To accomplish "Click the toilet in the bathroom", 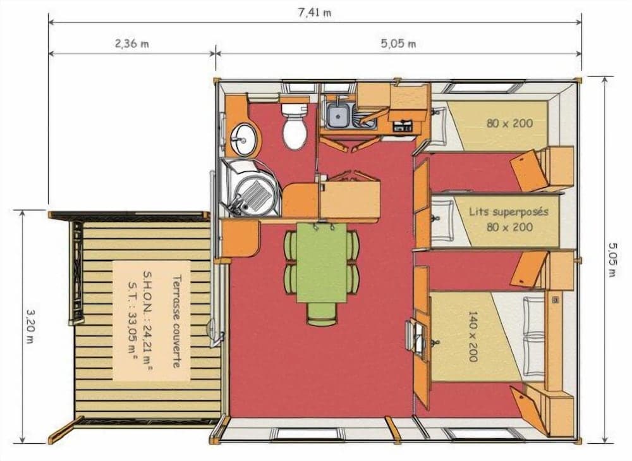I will pyautogui.click(x=295, y=126).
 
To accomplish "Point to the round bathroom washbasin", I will pyautogui.click(x=243, y=138).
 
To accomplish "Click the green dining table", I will pyautogui.click(x=321, y=263).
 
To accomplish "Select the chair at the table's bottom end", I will pyautogui.click(x=321, y=314).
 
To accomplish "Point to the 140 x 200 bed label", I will pyautogui.click(x=473, y=336).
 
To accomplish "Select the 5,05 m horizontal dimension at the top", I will pyautogui.click(x=399, y=44).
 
